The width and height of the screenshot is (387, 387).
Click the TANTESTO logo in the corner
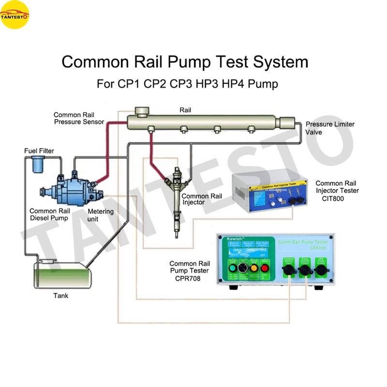pos(15,15)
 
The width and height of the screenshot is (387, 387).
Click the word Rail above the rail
pos(185,110)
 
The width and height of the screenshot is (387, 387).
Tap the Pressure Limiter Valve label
pos(329,128)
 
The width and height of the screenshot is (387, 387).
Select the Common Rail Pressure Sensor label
pos(79,119)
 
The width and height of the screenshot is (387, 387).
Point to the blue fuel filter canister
pos(36,166)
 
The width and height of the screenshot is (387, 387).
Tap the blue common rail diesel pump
pos(73,189)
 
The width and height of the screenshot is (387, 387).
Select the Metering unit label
pos(100,215)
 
